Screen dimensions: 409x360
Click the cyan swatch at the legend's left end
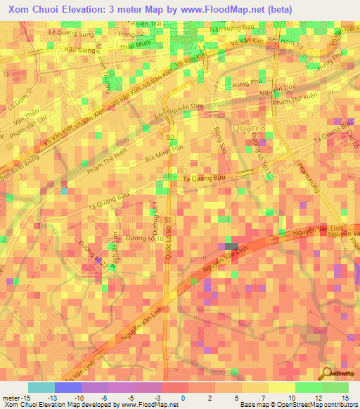pos(41,387)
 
